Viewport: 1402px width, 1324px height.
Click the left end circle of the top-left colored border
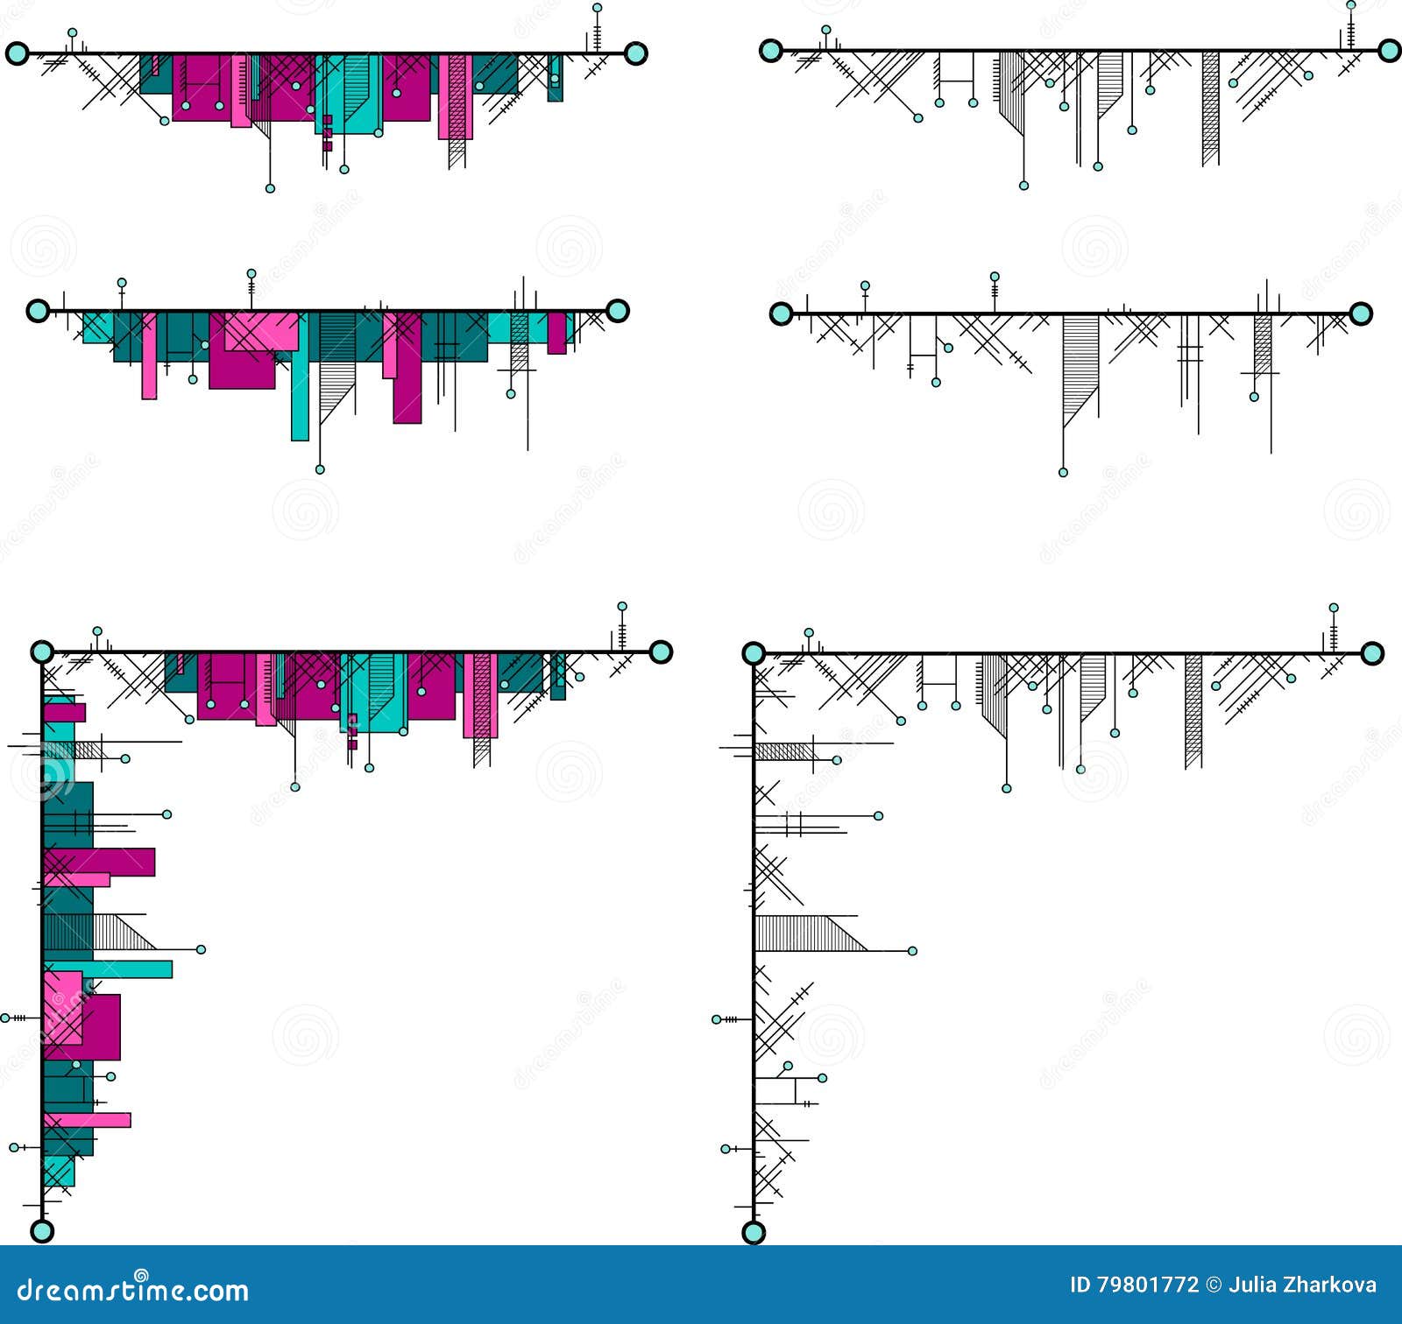[x=17, y=53]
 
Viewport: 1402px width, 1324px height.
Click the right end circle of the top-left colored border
[x=636, y=53]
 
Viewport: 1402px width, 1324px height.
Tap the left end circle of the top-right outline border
[x=770, y=50]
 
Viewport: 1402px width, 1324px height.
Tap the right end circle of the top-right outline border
[x=1389, y=50]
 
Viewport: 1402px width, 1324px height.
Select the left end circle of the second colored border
[x=38, y=310]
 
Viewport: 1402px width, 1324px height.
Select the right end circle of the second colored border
[x=618, y=310]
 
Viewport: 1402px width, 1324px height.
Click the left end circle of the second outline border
[x=781, y=313]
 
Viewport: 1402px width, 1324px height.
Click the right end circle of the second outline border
[x=1360, y=313]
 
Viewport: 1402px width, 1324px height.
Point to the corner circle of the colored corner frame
[x=42, y=651]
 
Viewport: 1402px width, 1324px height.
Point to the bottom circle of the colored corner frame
[x=42, y=1230]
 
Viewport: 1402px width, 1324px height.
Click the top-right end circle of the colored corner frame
[x=661, y=651]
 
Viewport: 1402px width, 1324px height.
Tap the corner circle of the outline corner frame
[x=754, y=653]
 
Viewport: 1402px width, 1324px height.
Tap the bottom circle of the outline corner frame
[x=754, y=1233]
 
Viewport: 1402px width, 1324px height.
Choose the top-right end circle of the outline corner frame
[x=1372, y=653]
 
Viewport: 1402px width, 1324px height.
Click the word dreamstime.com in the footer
[x=133, y=1291]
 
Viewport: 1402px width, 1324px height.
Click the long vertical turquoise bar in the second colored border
[x=300, y=394]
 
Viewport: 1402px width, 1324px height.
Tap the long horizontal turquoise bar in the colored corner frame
[x=131, y=968]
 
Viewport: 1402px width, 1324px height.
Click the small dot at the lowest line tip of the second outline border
[x=1063, y=472]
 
